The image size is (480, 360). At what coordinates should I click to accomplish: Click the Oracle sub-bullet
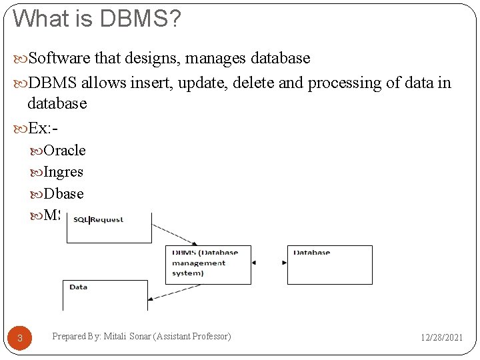click(x=64, y=151)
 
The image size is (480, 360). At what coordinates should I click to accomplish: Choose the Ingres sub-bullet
click(x=63, y=172)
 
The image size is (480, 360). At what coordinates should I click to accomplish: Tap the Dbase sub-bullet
click(x=63, y=194)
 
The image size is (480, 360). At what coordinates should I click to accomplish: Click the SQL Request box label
click(x=99, y=219)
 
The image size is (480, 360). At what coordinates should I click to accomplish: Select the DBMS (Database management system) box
click(x=208, y=264)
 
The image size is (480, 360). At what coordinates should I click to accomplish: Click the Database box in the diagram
click(x=330, y=264)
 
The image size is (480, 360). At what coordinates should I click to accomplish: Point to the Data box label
click(x=79, y=287)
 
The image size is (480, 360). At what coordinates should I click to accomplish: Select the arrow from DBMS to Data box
click(x=157, y=294)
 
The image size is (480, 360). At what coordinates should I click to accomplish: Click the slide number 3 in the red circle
click(x=20, y=338)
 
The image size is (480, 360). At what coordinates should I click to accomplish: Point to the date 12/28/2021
click(x=441, y=337)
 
